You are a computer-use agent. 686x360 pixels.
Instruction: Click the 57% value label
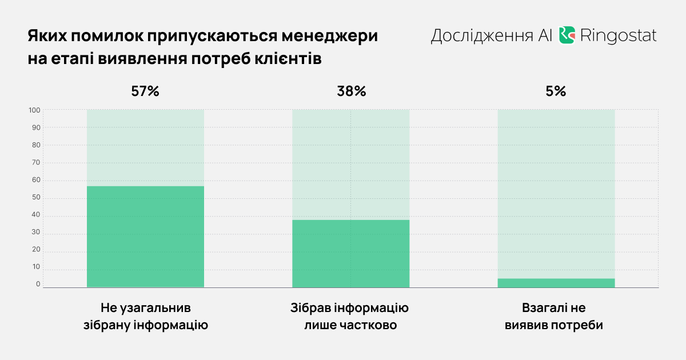pyautogui.click(x=145, y=91)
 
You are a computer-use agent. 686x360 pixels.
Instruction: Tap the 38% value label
pyautogui.click(x=351, y=91)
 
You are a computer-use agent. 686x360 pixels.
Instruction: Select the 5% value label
pyautogui.click(x=556, y=91)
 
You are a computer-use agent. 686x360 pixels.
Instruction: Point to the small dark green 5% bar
pyautogui.click(x=556, y=283)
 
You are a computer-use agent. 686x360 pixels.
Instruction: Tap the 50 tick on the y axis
pyautogui.click(x=35, y=198)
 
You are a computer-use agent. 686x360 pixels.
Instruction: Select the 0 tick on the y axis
pyautogui.click(x=38, y=285)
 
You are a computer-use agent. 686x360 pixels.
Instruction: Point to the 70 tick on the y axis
pyautogui.click(x=35, y=163)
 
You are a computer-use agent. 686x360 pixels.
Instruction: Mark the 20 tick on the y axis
pyautogui.click(x=35, y=250)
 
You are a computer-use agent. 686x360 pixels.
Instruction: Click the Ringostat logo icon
pyautogui.click(x=567, y=35)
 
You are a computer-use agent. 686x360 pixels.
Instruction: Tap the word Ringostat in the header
pyautogui.click(x=618, y=36)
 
